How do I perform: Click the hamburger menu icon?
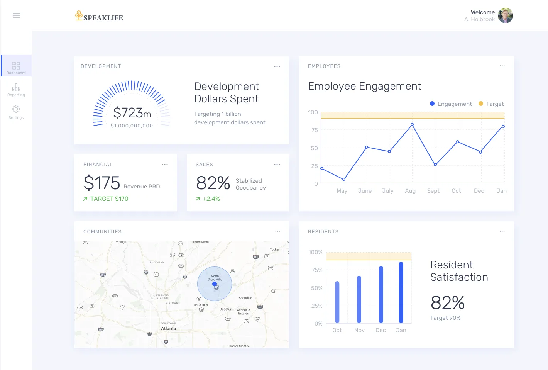click(x=16, y=15)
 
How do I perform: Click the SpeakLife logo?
click(x=99, y=16)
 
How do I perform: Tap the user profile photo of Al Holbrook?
click(x=505, y=16)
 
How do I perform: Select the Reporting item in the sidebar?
click(x=16, y=90)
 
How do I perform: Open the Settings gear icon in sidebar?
click(x=16, y=109)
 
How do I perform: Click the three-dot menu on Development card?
click(x=277, y=66)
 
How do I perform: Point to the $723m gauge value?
click(x=132, y=113)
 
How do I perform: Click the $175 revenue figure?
click(x=102, y=183)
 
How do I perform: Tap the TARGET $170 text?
click(x=109, y=199)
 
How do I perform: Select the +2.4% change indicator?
click(x=211, y=199)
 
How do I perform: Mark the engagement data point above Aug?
click(x=412, y=125)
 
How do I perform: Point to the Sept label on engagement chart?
click(x=433, y=191)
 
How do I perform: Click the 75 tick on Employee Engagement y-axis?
click(x=315, y=130)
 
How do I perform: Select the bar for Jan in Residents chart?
click(x=401, y=292)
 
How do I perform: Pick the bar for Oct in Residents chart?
click(x=337, y=302)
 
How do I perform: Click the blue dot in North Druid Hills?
click(x=215, y=284)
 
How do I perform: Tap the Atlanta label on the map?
click(x=168, y=329)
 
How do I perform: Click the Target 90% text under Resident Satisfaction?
click(x=445, y=318)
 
